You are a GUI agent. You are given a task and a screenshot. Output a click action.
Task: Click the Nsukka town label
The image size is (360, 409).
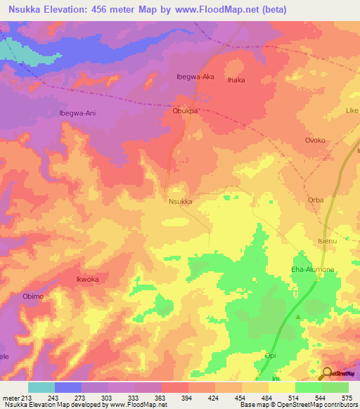(181, 201)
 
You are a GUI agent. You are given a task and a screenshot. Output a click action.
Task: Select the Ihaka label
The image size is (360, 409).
(236, 80)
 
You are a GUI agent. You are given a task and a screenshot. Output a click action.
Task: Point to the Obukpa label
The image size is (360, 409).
(186, 111)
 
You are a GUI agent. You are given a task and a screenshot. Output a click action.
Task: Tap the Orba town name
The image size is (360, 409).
(316, 200)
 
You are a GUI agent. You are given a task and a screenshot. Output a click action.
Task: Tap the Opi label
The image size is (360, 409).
(270, 356)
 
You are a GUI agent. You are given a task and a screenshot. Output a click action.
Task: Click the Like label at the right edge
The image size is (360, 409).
(352, 111)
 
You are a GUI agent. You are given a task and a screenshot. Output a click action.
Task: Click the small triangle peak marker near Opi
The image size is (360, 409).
(298, 317)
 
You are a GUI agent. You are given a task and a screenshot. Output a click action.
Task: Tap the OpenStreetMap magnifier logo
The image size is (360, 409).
(326, 373)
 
